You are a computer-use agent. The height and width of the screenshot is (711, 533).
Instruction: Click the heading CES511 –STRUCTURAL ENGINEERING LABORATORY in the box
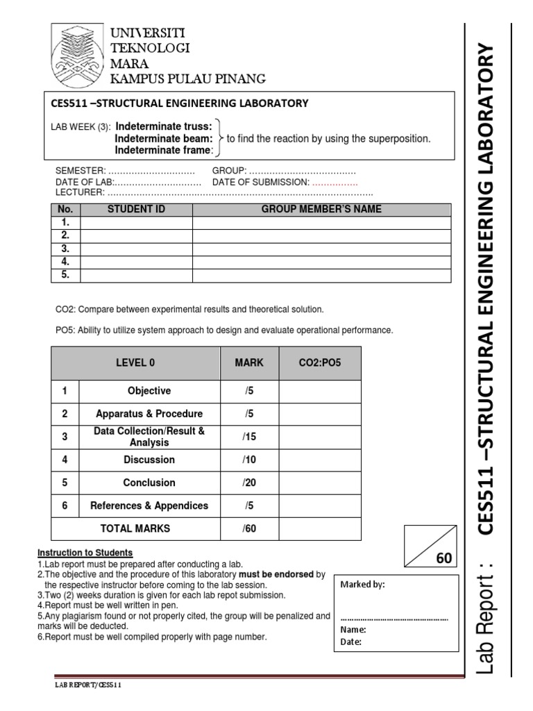(x=180, y=103)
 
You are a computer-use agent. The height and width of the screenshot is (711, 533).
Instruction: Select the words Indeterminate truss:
(x=163, y=126)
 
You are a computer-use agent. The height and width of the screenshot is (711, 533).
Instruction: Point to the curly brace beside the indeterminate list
(x=220, y=138)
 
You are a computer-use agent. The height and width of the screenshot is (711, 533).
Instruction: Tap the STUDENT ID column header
(x=136, y=209)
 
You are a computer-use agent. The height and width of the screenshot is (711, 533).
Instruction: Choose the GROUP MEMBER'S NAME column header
(x=321, y=209)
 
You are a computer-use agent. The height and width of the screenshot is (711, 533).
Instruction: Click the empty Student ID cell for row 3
(x=136, y=249)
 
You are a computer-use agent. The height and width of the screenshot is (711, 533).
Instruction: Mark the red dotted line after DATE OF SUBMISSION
(x=335, y=183)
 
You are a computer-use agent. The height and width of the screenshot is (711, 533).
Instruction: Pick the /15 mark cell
(x=249, y=437)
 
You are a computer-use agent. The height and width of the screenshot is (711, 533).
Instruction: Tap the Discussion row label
(x=149, y=460)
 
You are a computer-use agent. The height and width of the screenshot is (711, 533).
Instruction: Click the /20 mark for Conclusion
(x=249, y=483)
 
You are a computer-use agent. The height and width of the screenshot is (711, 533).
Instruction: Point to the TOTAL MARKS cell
(x=135, y=528)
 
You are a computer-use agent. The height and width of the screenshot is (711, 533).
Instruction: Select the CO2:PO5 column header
(x=319, y=362)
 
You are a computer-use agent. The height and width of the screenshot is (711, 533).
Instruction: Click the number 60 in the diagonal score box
(x=443, y=558)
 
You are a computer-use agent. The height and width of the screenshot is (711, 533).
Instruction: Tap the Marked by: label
(x=362, y=585)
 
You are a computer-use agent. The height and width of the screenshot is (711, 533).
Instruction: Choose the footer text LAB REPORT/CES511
(x=89, y=685)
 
